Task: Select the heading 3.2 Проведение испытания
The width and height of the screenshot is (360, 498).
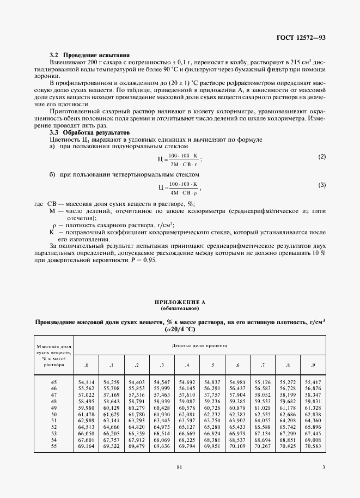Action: pyautogui.click(x=89, y=56)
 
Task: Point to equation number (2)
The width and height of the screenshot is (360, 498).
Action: pyautogui.click(x=322, y=157)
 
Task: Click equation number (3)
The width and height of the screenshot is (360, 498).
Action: pyautogui.click(x=322, y=185)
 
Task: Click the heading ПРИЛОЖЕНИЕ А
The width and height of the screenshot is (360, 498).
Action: pyautogui.click(x=180, y=301)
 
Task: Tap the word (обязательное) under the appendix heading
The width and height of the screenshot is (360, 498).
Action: pyautogui.click(x=180, y=308)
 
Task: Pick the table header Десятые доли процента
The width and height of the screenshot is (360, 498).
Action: pyautogui.click(x=200, y=345)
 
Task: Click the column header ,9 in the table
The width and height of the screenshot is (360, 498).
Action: pyautogui.click(x=313, y=365)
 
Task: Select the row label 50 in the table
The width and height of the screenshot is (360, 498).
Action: pyautogui.click(x=53, y=415)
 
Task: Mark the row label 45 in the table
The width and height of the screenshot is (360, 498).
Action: pyautogui.click(x=53, y=383)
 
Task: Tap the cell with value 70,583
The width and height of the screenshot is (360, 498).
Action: pyautogui.click(x=313, y=446)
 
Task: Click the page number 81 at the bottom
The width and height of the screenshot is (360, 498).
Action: pyautogui.click(x=179, y=466)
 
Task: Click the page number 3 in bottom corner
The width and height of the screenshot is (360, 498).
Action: pyautogui.click(x=324, y=466)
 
